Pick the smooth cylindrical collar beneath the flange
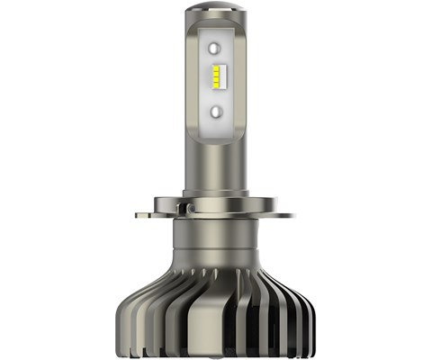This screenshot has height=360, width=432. (216, 241)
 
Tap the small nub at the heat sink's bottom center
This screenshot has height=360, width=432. (215, 352)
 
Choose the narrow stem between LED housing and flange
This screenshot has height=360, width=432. (217, 166)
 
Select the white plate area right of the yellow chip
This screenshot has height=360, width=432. (230, 81)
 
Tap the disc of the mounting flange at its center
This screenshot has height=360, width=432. (217, 215)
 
